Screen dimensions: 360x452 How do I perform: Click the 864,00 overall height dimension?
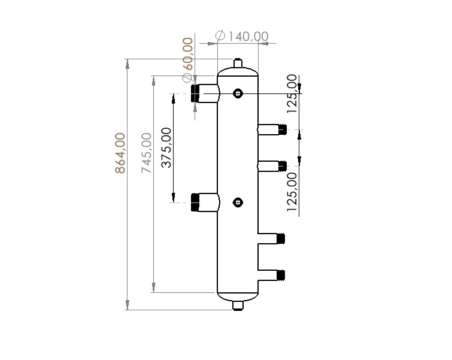tap(120, 153)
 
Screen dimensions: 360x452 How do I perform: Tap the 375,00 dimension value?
tap(167, 147)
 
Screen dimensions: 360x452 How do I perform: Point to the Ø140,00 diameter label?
tap(241, 36)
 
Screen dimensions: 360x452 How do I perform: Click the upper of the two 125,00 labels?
tap(292, 94)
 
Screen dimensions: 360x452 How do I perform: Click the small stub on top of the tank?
tap(238, 62)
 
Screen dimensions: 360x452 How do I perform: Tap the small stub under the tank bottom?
tap(238, 306)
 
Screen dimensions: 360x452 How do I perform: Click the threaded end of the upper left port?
tap(195, 93)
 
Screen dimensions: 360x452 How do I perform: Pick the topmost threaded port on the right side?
tap(283, 129)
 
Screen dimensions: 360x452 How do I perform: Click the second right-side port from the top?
tap(283, 165)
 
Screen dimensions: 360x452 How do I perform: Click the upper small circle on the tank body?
tap(238, 93)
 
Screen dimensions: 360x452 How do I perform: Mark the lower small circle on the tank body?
tap(238, 202)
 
